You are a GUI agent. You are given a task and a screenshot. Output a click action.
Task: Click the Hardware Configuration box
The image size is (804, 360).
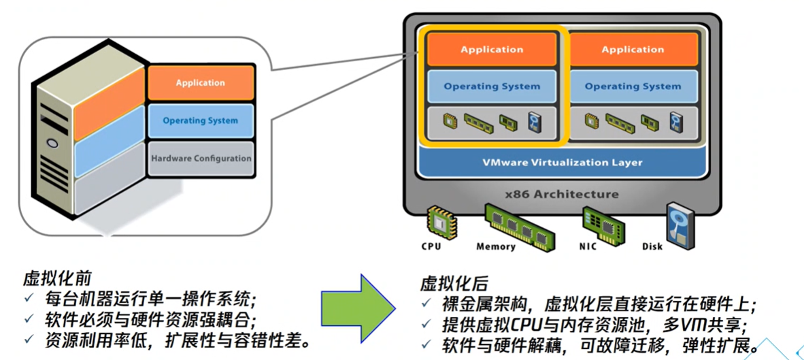point(201,159)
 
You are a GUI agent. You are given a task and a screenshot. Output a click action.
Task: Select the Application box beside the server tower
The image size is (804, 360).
point(201,82)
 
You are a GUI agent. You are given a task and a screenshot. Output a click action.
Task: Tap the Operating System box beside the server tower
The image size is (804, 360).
point(201,121)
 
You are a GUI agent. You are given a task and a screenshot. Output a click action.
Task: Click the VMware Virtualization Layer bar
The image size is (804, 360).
point(562,162)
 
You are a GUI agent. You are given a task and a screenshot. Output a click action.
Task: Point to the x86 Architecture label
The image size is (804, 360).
point(561,195)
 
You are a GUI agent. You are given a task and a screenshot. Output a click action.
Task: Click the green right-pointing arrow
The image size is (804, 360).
point(358,308)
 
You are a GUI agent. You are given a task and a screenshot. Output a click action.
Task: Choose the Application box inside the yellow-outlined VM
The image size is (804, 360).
point(492,49)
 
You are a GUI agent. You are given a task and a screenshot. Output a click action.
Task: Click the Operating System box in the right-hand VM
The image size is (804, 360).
point(633,86)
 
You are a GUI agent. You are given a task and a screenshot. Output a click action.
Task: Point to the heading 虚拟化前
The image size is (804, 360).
point(57,278)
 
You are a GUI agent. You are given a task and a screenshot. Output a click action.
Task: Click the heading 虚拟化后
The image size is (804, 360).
point(454,283)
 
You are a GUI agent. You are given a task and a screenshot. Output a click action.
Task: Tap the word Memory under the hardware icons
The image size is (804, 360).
point(496,246)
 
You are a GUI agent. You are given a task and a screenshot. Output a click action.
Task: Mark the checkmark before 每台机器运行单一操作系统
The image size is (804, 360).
point(30,299)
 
